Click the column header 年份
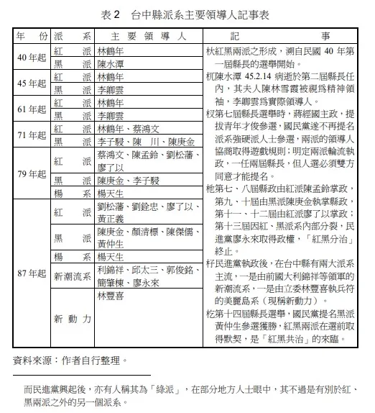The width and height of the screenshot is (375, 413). [31, 36]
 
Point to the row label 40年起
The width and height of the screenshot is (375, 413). [31, 58]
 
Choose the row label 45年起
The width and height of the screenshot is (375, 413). [31, 83]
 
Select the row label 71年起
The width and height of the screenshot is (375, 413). [31, 135]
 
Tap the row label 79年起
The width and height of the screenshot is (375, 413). [31, 174]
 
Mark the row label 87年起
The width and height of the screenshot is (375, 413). [31, 274]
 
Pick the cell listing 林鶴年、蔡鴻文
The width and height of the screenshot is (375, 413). [128, 128]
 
